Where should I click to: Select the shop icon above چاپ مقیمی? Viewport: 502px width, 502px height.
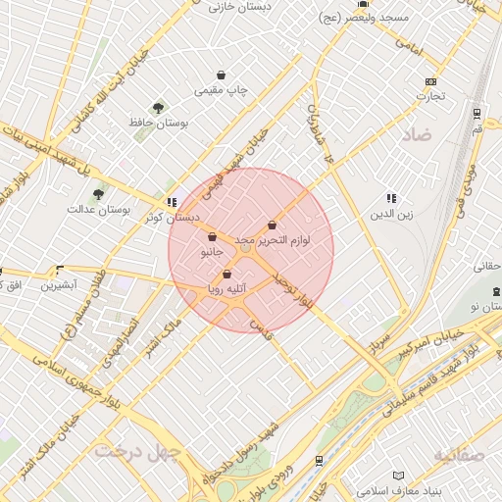click(222, 75)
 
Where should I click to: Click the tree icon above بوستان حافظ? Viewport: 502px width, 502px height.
click(158, 107)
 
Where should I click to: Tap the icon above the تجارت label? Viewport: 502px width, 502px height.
click(429, 81)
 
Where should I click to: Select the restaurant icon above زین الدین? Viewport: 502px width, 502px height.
click(391, 198)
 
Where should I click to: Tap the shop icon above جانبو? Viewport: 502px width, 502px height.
click(213, 236)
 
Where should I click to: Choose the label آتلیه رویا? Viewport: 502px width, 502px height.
click(226, 289)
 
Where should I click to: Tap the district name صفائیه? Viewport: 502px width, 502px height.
click(458, 457)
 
